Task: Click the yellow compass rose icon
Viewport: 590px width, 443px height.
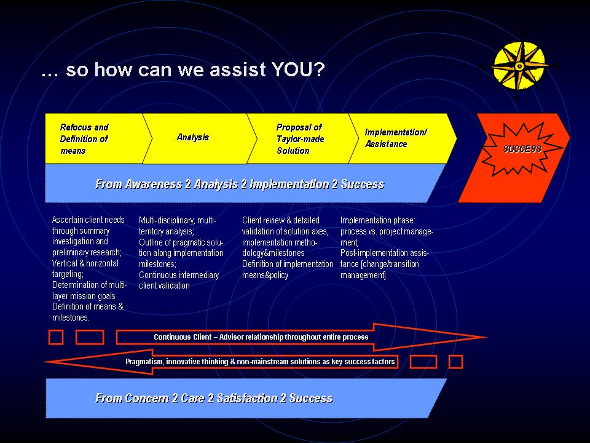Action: pos(519,66)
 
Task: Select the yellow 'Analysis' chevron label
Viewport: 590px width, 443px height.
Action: pos(192,137)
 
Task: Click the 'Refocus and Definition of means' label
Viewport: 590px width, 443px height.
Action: pos(84,139)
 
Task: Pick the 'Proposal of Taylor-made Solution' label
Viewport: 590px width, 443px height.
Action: pos(300,139)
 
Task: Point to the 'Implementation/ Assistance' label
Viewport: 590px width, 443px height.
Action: pos(396,138)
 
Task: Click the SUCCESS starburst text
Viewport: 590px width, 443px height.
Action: pos(522,149)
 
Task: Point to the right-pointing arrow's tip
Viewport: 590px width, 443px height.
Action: pos(487,337)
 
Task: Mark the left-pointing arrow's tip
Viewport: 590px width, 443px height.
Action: pos(45,362)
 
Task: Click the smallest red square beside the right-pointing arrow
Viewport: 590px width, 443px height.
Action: pos(56,337)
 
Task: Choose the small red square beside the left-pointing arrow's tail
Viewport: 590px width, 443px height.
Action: pos(455,362)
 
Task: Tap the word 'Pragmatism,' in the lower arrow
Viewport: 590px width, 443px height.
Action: pos(144,362)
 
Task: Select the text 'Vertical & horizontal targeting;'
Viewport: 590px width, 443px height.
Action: pos(85,269)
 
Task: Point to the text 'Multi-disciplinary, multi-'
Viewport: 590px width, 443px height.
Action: pos(177,220)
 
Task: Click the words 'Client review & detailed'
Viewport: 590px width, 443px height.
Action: pos(281,220)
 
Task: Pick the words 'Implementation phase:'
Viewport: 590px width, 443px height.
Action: pos(378,220)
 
